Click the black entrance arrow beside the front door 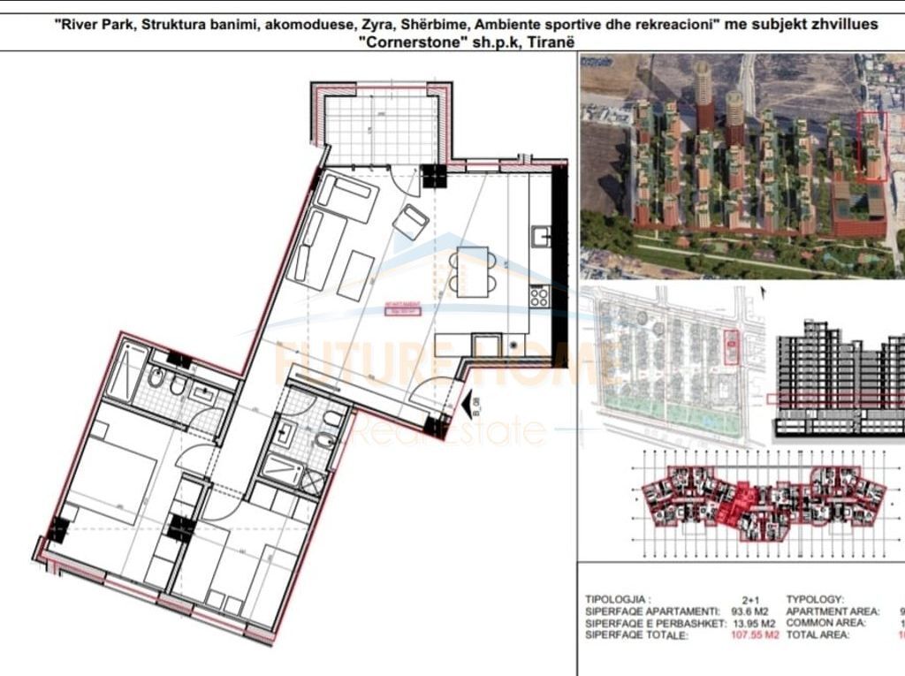(x=467, y=406)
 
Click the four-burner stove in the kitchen (x=538, y=297)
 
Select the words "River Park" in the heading (x=92, y=24)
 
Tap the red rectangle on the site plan (x=729, y=347)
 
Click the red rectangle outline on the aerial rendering (x=873, y=148)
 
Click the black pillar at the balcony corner (x=435, y=175)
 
